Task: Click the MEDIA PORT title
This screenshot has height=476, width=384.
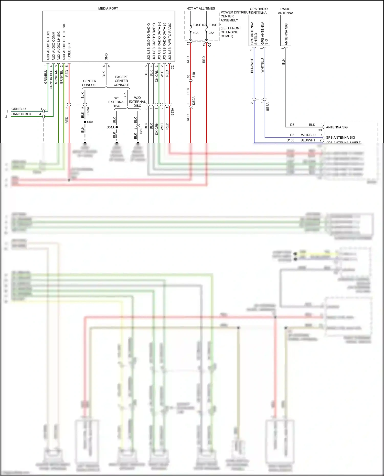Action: point(108,8)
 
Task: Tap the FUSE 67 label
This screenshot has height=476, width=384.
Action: point(199,25)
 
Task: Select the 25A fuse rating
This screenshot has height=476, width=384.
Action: point(211,33)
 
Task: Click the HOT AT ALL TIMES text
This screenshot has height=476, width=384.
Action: point(201,8)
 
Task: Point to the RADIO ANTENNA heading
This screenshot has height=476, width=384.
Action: point(285,11)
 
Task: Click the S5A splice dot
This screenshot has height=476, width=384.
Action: point(85,122)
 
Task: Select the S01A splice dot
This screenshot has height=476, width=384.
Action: point(116,127)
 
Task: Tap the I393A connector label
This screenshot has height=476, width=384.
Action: point(88,111)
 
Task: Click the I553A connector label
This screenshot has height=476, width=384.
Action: point(268,106)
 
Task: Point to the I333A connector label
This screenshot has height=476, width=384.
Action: point(173,112)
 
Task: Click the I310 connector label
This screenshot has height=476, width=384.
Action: point(194,75)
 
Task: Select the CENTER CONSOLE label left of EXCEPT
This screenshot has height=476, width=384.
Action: point(90,83)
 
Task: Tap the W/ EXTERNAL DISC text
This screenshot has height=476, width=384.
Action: point(116,102)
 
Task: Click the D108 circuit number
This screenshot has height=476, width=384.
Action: point(290,140)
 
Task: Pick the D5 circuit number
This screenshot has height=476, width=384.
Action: point(292,125)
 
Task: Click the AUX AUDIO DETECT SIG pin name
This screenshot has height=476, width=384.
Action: point(64,41)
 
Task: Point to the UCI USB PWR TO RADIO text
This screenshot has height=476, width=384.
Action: point(170,41)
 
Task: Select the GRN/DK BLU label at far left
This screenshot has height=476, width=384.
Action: point(21,114)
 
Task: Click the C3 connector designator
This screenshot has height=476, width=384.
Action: point(320,130)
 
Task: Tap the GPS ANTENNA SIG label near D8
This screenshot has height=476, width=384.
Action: point(340,138)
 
